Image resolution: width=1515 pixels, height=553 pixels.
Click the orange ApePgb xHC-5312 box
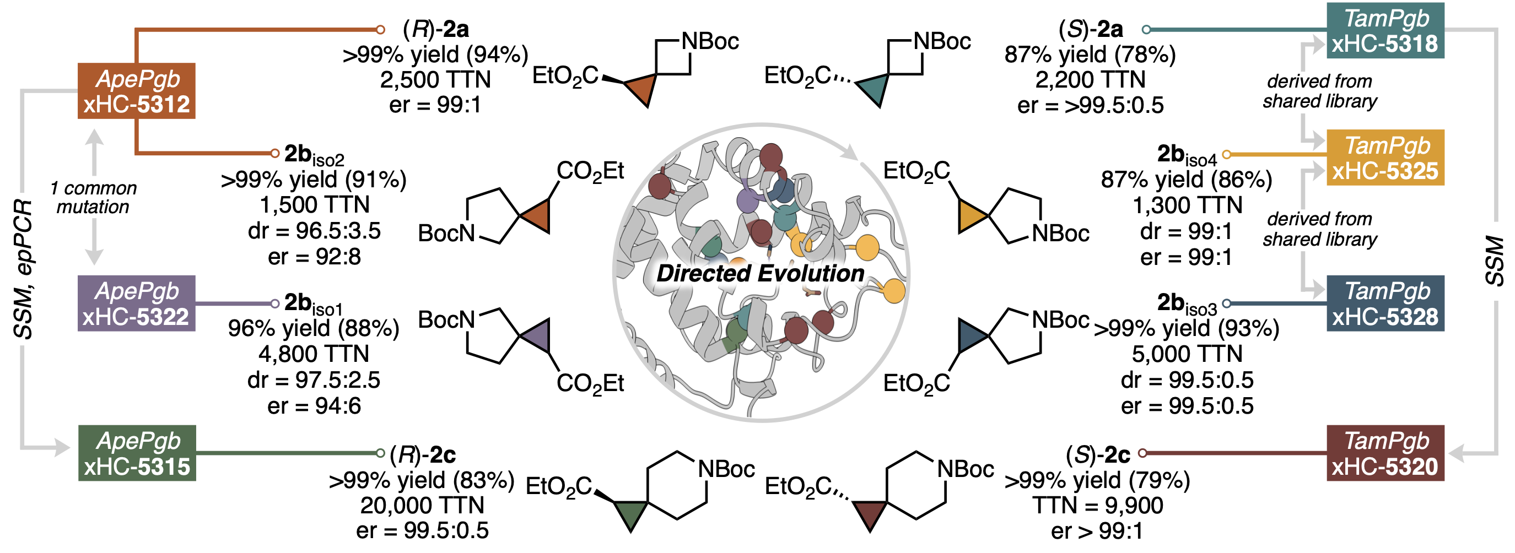point(137,90)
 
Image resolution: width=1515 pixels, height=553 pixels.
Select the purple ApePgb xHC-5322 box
point(137,303)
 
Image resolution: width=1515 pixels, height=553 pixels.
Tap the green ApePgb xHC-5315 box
point(137,453)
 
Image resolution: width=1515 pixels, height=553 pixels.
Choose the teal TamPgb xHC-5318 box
point(1385,30)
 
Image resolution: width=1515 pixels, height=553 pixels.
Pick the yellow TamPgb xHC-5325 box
point(1385,158)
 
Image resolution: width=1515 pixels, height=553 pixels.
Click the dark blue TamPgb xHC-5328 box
point(1385,303)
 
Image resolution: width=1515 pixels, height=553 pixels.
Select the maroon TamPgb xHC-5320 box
point(1385,453)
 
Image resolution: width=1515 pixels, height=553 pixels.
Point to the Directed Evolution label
point(761,273)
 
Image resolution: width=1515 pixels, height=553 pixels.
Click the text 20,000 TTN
point(422,506)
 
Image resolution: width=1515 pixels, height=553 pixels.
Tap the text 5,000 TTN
point(1188,354)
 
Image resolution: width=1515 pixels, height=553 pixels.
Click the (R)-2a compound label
point(436,29)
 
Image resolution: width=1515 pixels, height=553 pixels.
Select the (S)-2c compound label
point(1098,454)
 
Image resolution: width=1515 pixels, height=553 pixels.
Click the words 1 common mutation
point(93,197)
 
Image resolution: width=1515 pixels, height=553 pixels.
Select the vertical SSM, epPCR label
point(24,269)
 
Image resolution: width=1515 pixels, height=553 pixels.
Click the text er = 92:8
point(315,257)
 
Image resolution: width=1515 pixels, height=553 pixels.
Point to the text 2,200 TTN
point(1091,79)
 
